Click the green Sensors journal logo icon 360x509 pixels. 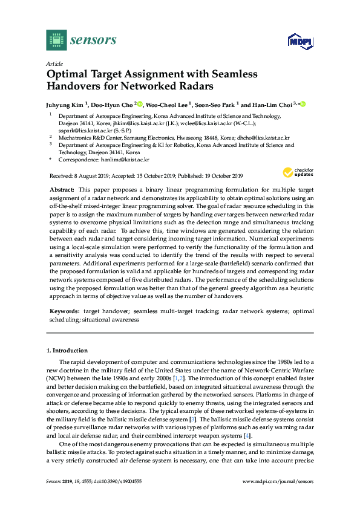tap(56, 40)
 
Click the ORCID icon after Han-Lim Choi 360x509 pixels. tap(303, 105)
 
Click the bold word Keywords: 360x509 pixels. tap(64, 311)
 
